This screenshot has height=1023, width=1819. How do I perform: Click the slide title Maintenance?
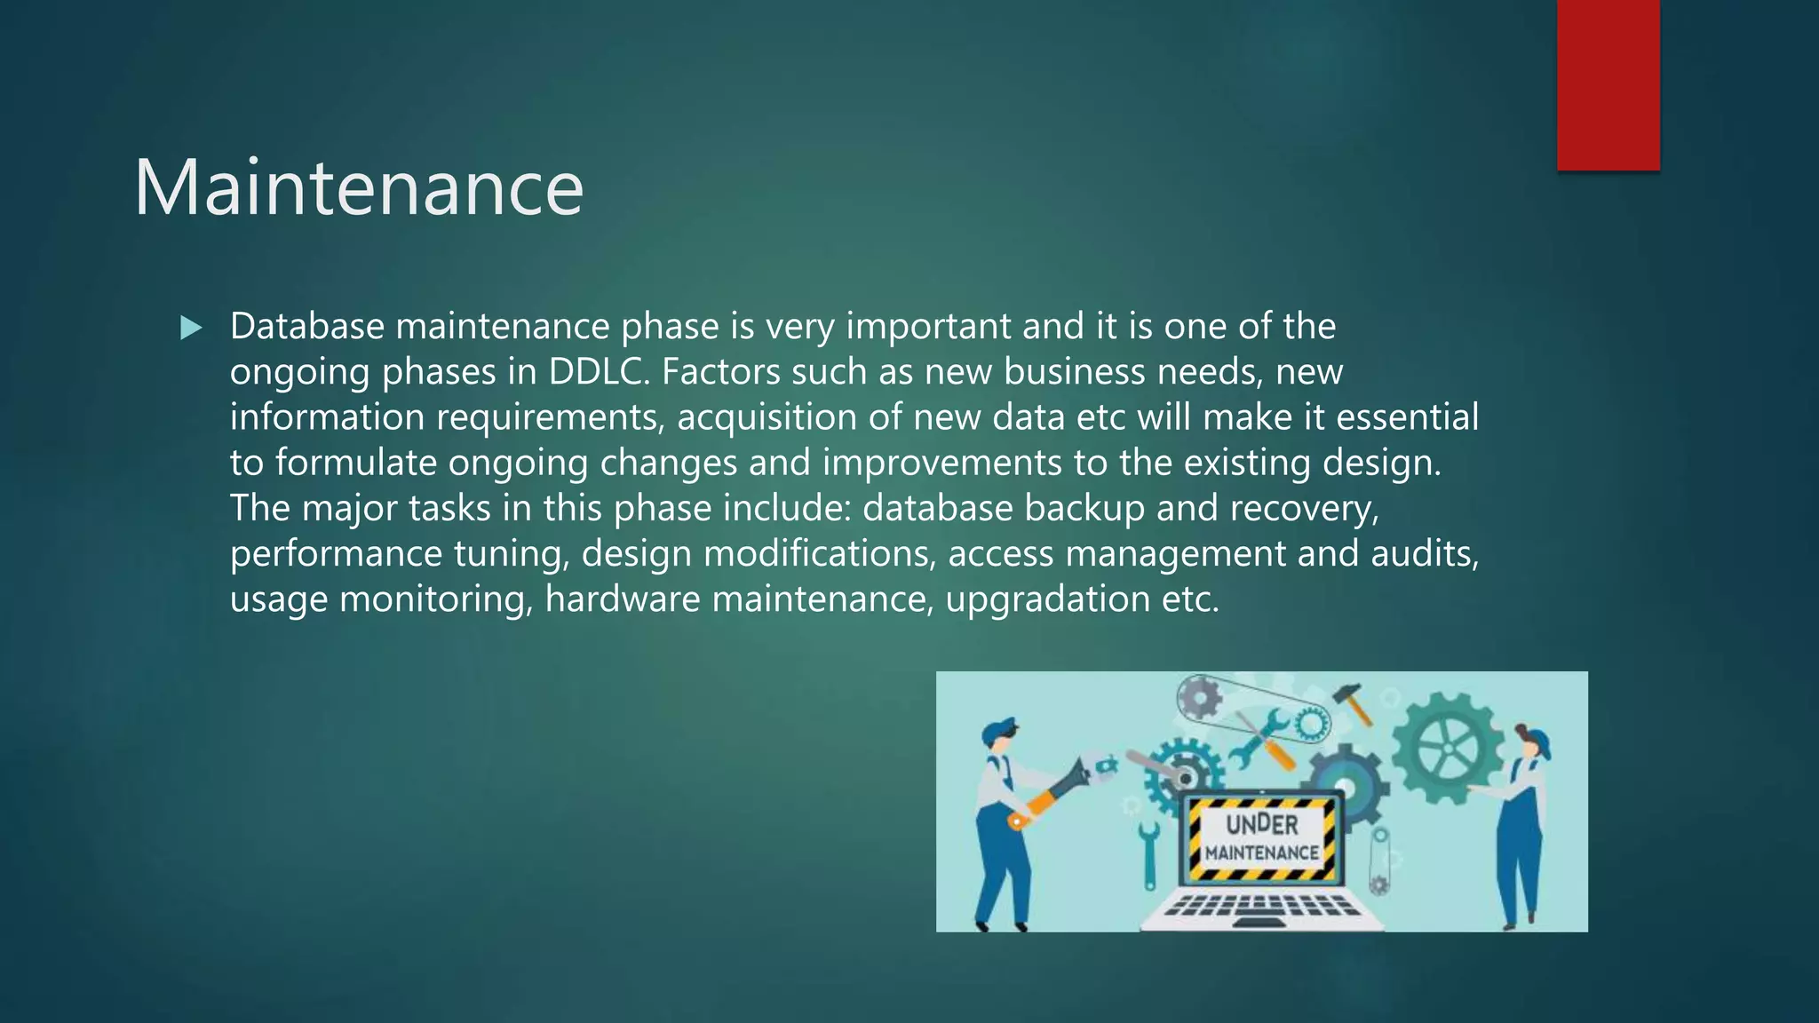(359, 187)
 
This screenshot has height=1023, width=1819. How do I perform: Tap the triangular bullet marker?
(191, 329)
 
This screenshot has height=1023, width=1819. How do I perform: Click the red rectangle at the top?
(1608, 84)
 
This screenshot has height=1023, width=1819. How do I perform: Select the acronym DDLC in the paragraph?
(599, 371)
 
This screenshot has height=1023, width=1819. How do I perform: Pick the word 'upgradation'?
(1048, 599)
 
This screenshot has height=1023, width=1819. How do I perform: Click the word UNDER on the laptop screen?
(1261, 824)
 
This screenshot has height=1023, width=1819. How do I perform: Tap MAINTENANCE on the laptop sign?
(1261, 852)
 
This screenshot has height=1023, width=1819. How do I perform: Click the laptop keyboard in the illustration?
(1261, 907)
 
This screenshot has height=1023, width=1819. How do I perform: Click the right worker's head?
(1530, 744)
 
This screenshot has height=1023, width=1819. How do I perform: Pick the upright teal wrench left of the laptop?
(1149, 852)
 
